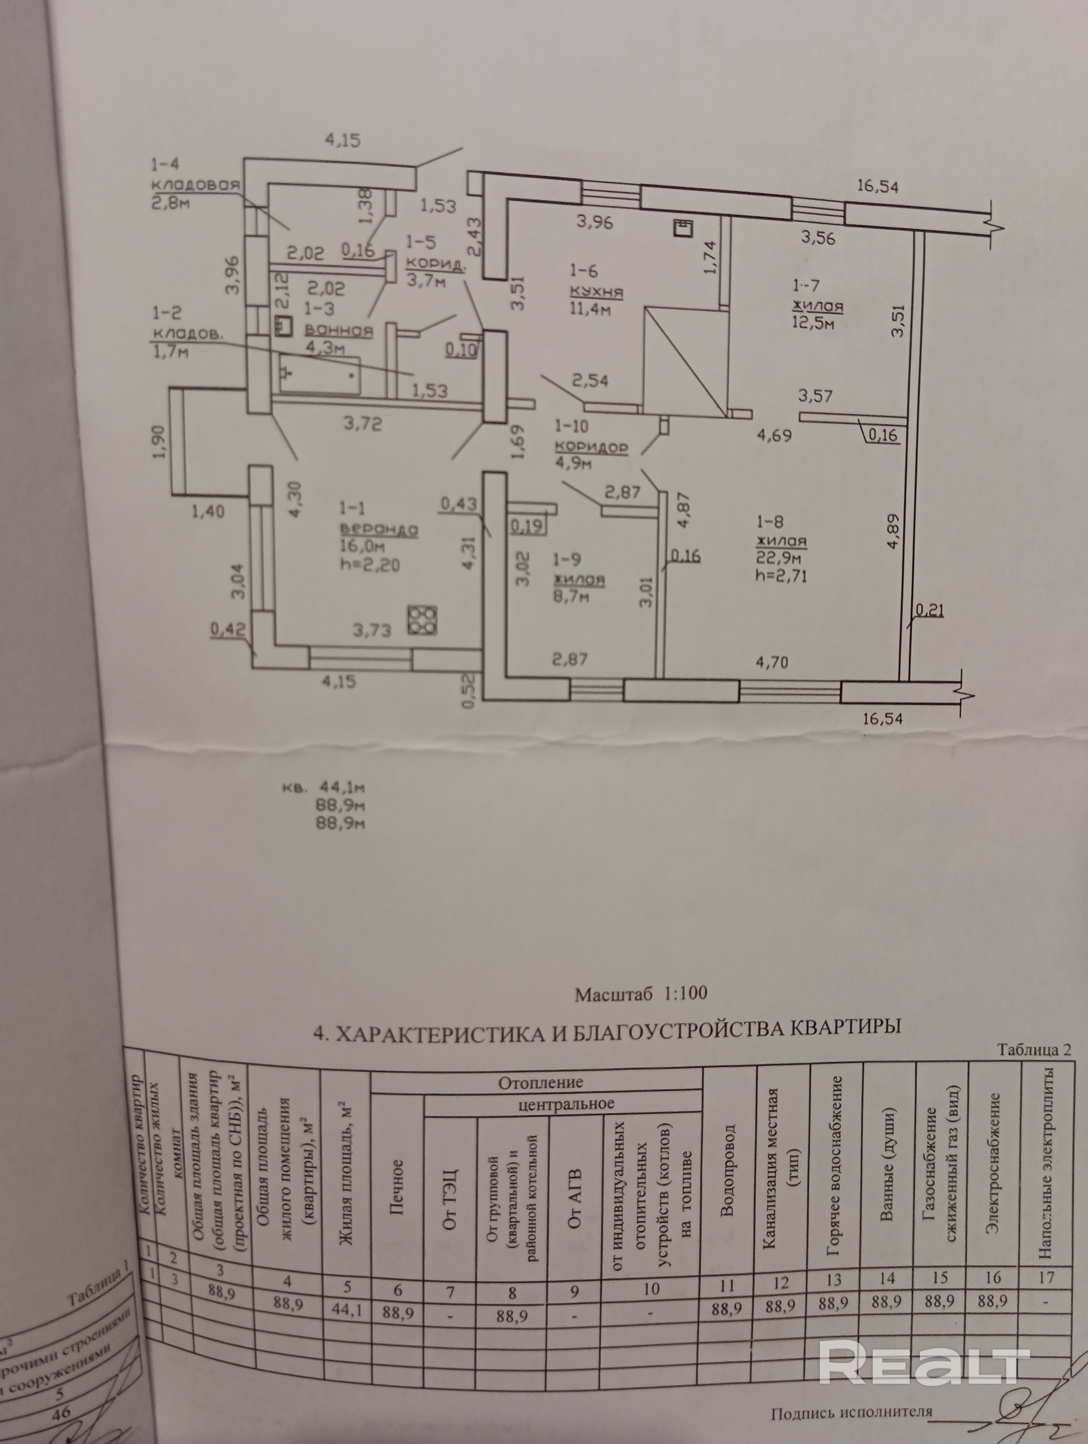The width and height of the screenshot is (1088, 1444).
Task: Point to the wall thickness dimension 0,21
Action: [x=929, y=611]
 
